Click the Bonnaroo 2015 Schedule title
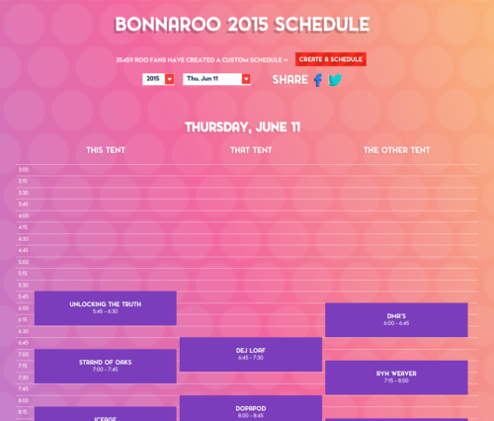(x=242, y=24)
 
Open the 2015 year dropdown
(x=158, y=79)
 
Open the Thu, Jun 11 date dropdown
(x=216, y=79)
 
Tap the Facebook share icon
(x=318, y=80)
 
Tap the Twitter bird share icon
(x=335, y=80)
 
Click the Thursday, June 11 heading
(x=242, y=126)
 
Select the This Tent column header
(x=107, y=150)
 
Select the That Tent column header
(x=251, y=150)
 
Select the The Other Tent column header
(x=396, y=150)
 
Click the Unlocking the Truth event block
(x=106, y=307)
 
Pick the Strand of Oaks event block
(x=106, y=366)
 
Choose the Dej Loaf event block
(x=251, y=354)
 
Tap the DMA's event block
(x=396, y=319)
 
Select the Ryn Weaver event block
(x=396, y=377)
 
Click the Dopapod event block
(x=251, y=409)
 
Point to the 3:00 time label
(x=24, y=169)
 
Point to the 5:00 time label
(x=24, y=262)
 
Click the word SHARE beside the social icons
(x=289, y=80)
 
